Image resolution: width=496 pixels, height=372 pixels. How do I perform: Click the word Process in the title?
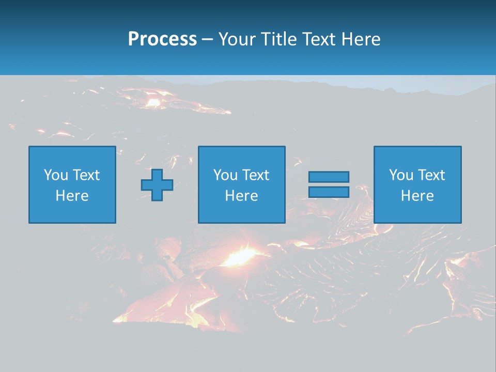[x=162, y=39]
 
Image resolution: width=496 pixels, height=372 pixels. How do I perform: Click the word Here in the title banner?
[x=361, y=39]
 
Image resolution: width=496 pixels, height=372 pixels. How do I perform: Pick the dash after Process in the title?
[x=207, y=40]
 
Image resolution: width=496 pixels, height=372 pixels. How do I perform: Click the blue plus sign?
[x=157, y=185]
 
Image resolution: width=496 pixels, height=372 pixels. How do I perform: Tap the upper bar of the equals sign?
[x=329, y=177]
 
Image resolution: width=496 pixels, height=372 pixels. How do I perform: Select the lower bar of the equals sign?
[x=329, y=192]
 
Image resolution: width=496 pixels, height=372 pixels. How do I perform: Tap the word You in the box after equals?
[x=401, y=175]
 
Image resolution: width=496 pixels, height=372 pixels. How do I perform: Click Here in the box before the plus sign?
[x=72, y=196]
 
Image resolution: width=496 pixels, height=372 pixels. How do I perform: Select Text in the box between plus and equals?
[x=256, y=175]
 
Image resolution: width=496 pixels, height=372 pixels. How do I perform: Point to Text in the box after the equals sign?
[x=432, y=175]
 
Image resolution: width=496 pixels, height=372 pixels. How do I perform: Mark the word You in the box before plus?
[x=56, y=175]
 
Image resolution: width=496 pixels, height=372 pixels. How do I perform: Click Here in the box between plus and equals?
[x=242, y=196]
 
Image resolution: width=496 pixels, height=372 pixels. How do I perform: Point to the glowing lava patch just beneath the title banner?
[x=153, y=102]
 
